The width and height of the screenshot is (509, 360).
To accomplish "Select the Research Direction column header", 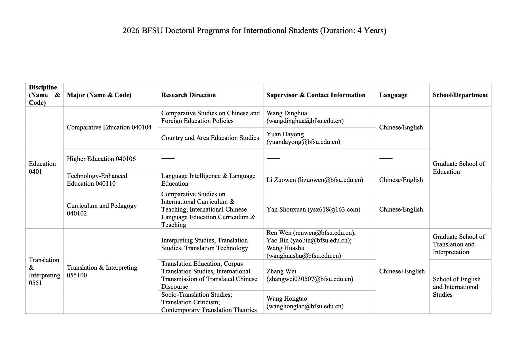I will (188, 95).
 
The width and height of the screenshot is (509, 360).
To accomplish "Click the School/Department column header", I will (460, 95).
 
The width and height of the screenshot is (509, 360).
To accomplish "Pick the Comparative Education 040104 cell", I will (109, 127).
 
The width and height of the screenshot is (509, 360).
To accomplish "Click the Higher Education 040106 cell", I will (101, 159).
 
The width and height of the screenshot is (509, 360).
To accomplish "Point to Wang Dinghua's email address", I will (305, 121).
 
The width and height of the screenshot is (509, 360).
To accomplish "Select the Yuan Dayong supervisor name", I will (285, 134).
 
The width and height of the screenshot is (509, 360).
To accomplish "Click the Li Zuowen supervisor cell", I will (315, 180).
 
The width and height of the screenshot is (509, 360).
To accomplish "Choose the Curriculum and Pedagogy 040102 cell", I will (102, 209).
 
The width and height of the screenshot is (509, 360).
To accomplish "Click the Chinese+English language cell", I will (402, 271).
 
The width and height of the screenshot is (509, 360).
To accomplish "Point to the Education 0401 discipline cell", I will (42, 168).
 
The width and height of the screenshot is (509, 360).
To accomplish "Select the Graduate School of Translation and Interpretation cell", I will (458, 244).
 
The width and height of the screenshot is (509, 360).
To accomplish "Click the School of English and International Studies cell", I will (457, 287).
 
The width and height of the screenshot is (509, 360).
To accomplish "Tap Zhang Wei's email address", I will (310, 279).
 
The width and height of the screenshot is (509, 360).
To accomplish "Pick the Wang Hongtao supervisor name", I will (287, 298).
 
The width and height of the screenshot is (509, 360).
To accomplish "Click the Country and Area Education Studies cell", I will (210, 138).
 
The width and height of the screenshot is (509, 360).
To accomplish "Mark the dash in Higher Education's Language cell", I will (386, 158).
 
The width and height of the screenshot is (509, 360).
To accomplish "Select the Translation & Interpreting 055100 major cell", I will (102, 271).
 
